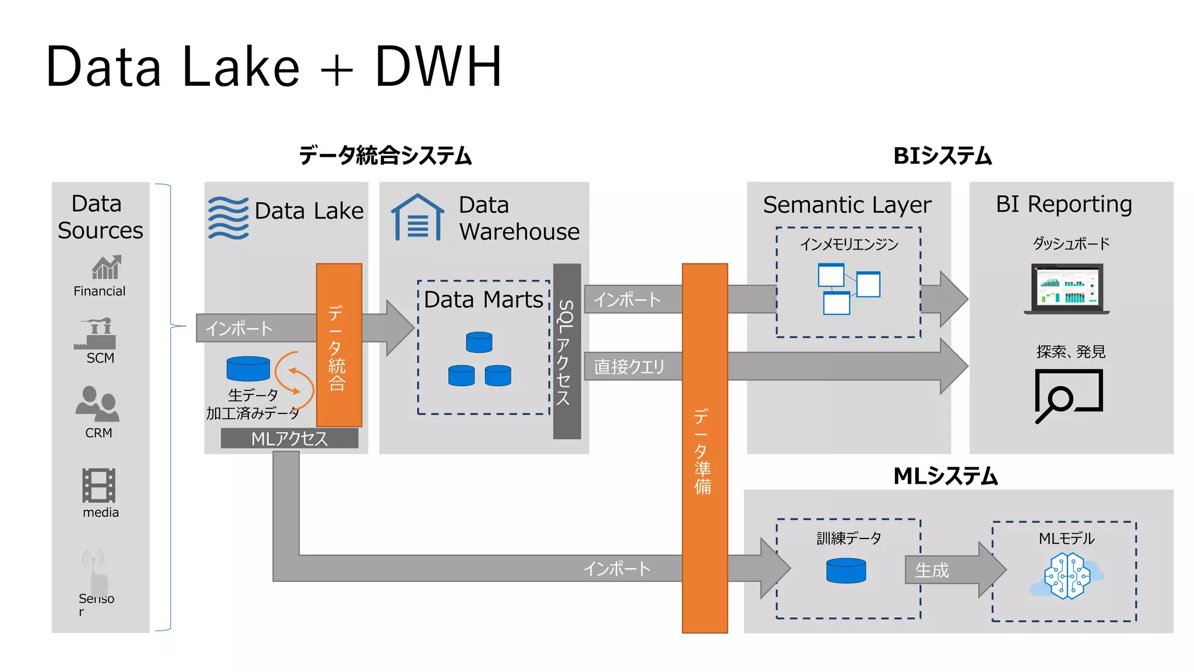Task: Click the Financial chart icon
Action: pos(106,267)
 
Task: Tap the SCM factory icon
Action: pos(96,334)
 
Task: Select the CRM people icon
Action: pos(97,404)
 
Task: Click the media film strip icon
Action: pos(99,485)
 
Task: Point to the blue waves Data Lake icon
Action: pos(228,218)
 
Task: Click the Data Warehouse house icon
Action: pos(417,218)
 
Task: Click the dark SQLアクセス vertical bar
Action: pos(567,351)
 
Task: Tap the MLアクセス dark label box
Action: pos(289,438)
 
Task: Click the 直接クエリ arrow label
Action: pos(630,366)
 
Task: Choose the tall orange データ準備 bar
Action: pos(704,448)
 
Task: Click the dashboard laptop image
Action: pos(1066,289)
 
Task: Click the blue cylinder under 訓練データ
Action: pos(846,570)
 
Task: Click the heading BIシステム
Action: pos(942,156)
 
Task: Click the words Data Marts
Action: pos(483,299)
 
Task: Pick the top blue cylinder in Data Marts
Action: pos(479,342)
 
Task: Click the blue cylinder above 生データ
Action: pos(248,369)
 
